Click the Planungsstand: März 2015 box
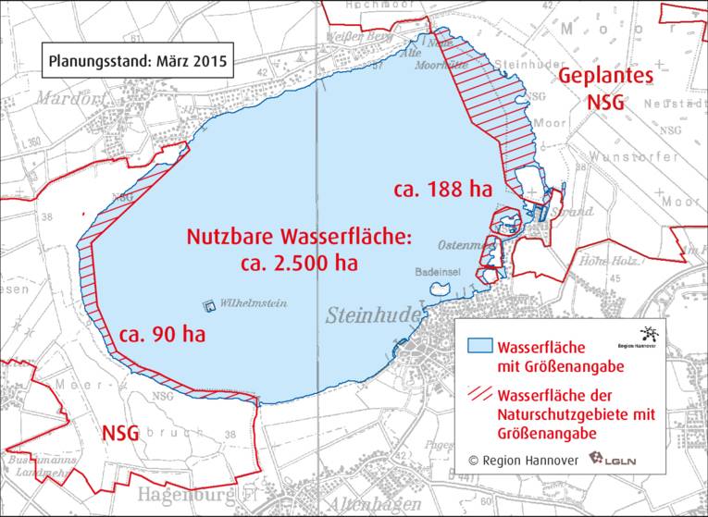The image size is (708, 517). tap(136, 65)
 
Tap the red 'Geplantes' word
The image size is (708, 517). tap(605, 77)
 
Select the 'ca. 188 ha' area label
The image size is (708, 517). tap(441, 191)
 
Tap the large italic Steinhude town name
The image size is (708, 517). tap(373, 315)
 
